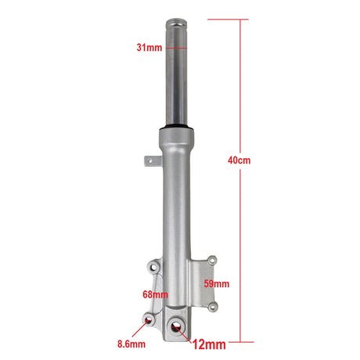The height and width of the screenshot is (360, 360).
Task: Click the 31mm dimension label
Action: (x=149, y=48)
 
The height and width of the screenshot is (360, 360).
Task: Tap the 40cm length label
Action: (x=239, y=160)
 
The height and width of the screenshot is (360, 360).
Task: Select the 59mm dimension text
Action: (x=217, y=284)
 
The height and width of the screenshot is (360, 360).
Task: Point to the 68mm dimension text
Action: (x=155, y=295)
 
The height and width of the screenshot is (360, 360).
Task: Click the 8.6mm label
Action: (x=131, y=344)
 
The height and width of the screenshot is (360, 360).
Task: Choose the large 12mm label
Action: (x=209, y=344)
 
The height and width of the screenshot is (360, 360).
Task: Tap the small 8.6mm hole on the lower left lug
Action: (x=149, y=320)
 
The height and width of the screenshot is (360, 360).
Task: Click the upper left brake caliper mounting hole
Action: (x=154, y=267)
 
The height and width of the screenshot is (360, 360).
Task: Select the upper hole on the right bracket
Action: (x=212, y=261)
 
